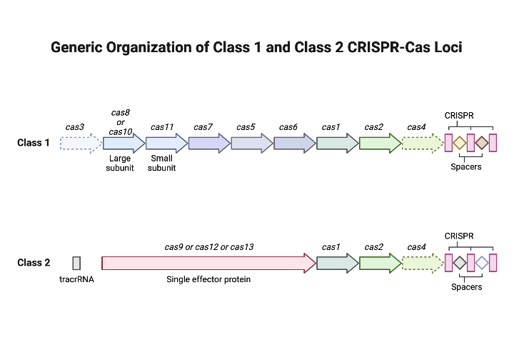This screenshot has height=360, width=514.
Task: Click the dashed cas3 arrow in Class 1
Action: pos(81,143)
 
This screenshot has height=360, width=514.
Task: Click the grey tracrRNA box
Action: pos(76,263)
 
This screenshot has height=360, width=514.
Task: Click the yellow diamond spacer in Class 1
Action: pos(460,143)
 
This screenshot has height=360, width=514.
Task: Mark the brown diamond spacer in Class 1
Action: pos(482,143)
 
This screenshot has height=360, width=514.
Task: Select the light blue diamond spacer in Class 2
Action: pos(482,263)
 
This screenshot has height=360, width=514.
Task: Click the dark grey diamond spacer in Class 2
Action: pos(460,263)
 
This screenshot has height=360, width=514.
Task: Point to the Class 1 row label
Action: pos(34,143)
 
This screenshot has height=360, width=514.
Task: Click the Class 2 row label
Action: pos(34,263)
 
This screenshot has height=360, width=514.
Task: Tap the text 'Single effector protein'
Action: pos(208,279)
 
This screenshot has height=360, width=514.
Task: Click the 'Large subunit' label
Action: pos(119,164)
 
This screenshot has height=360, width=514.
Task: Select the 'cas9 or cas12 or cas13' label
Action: pos(209,247)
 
